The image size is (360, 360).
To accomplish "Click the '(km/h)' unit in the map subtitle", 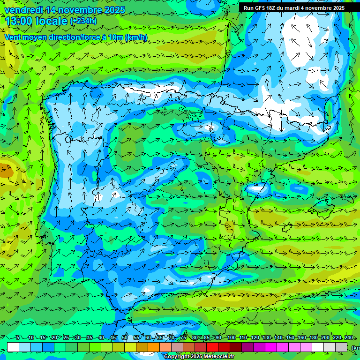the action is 136,37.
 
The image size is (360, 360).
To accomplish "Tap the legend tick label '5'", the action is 18,337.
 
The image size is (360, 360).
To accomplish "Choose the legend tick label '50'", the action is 125,337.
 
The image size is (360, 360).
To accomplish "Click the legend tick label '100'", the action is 231,337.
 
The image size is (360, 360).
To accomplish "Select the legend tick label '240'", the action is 349,337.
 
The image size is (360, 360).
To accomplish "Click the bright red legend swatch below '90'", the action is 212,347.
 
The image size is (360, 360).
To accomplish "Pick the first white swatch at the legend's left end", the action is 13,347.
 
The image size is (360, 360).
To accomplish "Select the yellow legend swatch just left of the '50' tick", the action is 119,347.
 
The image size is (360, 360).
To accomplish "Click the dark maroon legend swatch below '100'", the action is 236,347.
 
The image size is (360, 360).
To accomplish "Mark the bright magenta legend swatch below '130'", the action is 271,347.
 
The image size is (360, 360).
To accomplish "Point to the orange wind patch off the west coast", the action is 6,172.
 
